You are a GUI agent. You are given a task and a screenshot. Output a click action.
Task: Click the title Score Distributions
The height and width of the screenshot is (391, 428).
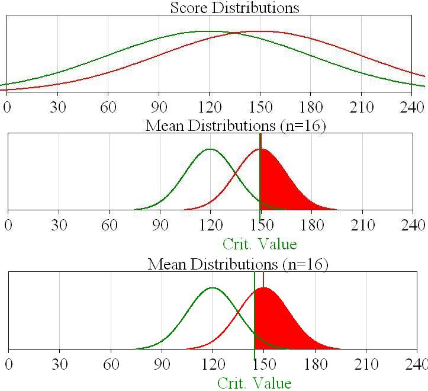coord(234,8)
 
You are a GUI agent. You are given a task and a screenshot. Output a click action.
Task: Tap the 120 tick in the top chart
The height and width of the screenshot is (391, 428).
coord(210,107)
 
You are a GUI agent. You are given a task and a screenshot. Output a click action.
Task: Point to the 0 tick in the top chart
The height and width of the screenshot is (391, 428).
coord(7,107)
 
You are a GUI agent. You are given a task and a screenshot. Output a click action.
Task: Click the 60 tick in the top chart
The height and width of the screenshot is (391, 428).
coord(108,107)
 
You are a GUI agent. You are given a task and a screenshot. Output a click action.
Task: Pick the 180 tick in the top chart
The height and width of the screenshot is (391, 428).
coord(311,107)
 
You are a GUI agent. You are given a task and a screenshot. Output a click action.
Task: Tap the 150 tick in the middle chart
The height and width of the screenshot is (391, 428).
coord(261,225)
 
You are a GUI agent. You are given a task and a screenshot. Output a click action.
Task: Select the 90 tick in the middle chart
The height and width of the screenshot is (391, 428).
coord(160,225)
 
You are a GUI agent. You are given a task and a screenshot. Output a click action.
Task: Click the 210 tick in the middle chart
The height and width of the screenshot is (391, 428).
coord(362,225)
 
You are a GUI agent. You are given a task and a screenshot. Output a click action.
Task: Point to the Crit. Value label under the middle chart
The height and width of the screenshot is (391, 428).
coord(259,243)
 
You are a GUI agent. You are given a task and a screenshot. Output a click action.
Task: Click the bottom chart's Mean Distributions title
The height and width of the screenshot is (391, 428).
coord(237,264)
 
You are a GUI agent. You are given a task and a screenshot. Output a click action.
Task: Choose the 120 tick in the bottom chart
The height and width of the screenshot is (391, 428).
coord(213,364)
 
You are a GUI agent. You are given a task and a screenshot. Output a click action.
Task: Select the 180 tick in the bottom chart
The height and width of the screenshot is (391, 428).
coord(315,364)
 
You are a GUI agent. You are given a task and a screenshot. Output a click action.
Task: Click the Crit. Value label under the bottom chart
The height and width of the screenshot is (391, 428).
coord(255,383)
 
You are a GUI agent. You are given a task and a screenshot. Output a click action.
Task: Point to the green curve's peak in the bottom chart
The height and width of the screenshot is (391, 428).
coord(213,288)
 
